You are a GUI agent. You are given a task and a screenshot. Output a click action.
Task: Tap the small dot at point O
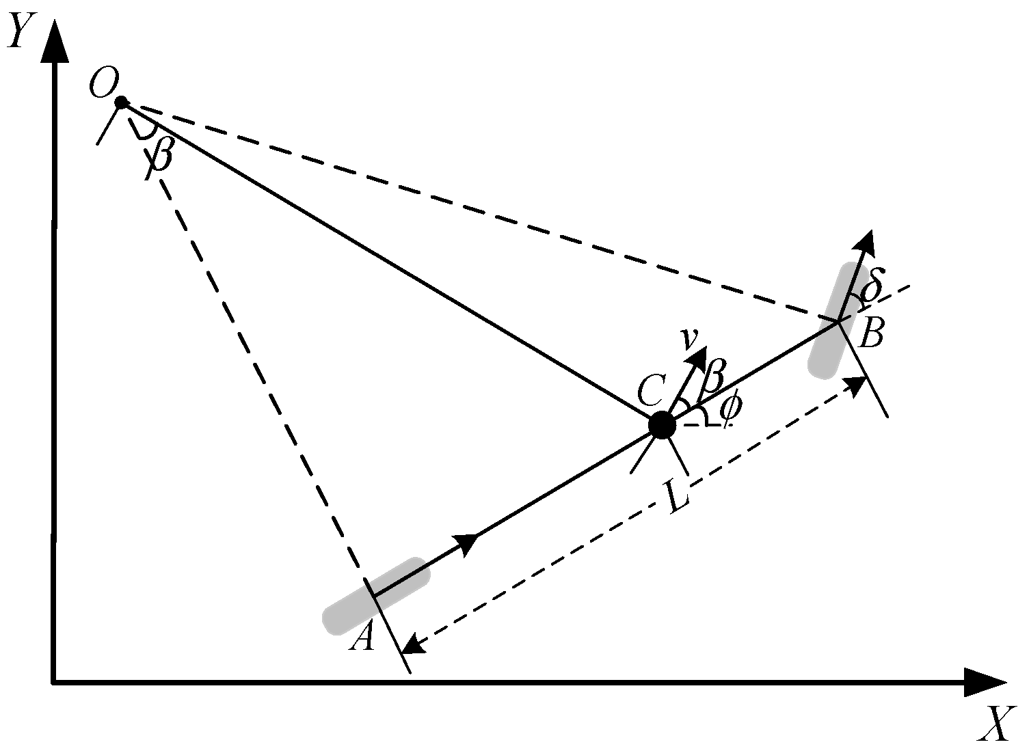pyautogui.click(x=121, y=103)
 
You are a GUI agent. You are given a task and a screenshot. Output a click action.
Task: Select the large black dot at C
pyautogui.click(x=661, y=425)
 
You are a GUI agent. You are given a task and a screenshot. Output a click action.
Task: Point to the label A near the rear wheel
pyautogui.click(x=362, y=638)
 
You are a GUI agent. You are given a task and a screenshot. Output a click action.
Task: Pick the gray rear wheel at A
pyautogui.click(x=376, y=594)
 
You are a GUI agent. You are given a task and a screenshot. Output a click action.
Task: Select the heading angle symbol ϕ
pyautogui.click(x=730, y=408)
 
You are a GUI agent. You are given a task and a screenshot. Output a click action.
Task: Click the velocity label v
pyautogui.click(x=690, y=338)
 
